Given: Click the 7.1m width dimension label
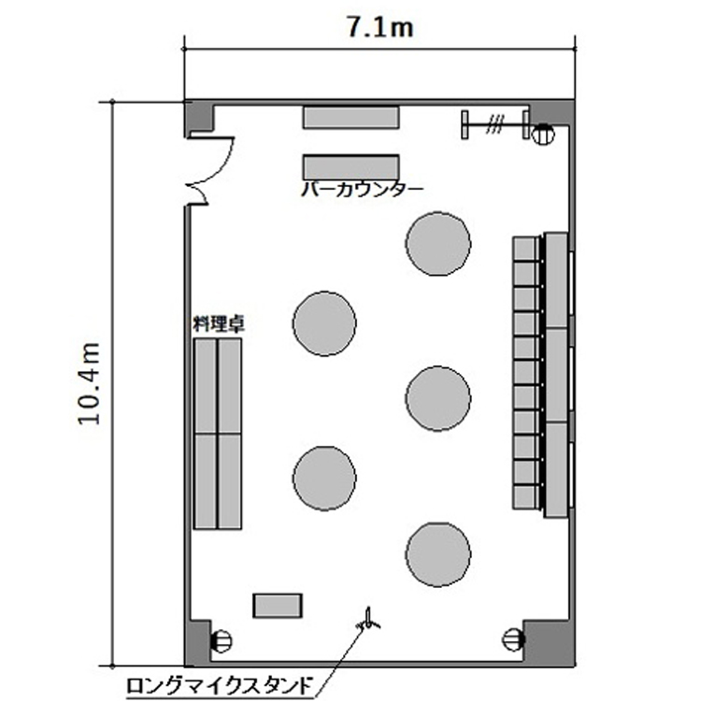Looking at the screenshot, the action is pyautogui.click(x=380, y=28).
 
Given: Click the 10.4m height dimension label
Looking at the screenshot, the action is pyautogui.click(x=89, y=383).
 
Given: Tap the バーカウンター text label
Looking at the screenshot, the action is pyautogui.click(x=362, y=190).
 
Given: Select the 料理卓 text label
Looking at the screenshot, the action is pyautogui.click(x=219, y=323).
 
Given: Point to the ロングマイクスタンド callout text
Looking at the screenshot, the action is pyautogui.click(x=219, y=686).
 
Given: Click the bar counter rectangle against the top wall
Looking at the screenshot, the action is pyautogui.click(x=350, y=117).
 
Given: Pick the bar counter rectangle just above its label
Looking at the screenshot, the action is pyautogui.click(x=350, y=167).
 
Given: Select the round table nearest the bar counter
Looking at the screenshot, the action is pyautogui.click(x=438, y=243).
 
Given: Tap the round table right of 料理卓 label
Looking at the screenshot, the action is pyautogui.click(x=324, y=323).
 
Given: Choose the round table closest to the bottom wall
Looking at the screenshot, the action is pyautogui.click(x=438, y=554).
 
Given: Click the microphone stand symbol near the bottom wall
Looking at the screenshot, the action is pyautogui.click(x=368, y=622).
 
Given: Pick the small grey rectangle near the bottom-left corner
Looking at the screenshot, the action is pyautogui.click(x=278, y=606).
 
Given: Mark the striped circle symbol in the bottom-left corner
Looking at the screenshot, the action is pyautogui.click(x=222, y=641).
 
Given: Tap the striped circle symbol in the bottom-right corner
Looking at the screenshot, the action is pyautogui.click(x=513, y=639).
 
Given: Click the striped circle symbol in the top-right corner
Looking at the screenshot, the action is pyautogui.click(x=543, y=134).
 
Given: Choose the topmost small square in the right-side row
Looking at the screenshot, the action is pyautogui.click(x=526, y=248).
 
